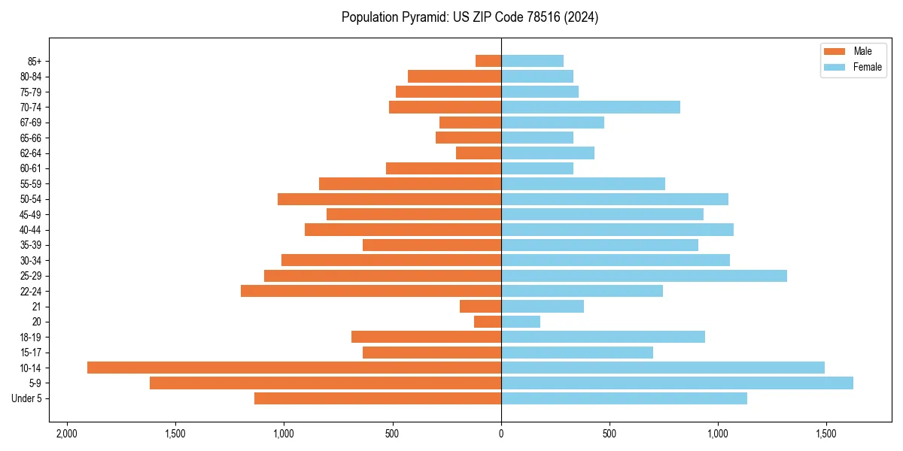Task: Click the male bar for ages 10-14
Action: pos(293,368)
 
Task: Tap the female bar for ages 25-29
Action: pos(644,276)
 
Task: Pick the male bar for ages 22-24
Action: pos(371,291)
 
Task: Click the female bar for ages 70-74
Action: pos(591,107)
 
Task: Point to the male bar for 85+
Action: pos(488,61)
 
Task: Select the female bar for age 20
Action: pos(521,322)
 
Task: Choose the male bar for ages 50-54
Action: pos(389,199)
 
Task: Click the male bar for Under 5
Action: pos(378,398)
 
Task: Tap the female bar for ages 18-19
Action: pos(603,337)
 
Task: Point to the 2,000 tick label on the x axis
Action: pos(67,434)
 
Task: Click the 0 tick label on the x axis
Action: pos(501,434)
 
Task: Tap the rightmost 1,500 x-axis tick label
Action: pos(826,434)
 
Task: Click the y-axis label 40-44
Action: pos(30,230)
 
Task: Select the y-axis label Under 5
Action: pos(26,398)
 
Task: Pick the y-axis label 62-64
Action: pos(30,153)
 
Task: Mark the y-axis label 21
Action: pos(37,307)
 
